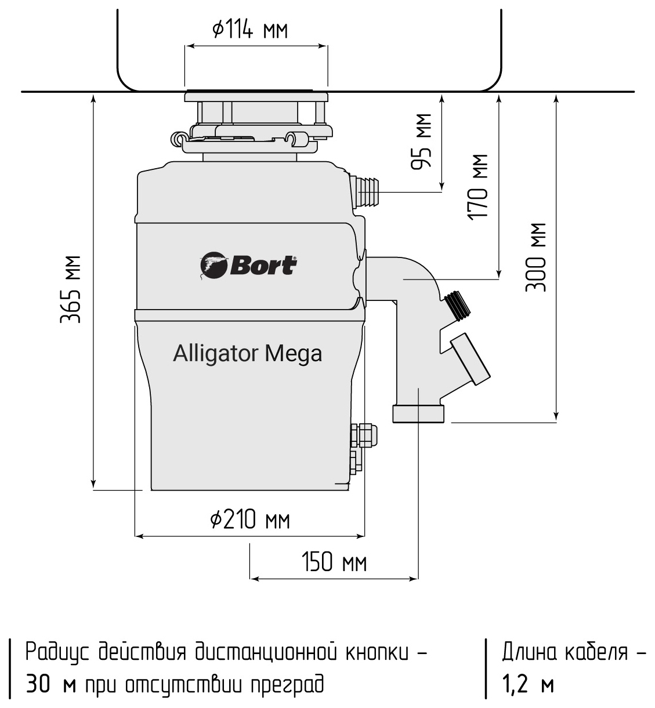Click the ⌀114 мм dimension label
coord(250,29)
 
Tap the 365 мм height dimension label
coord(71,289)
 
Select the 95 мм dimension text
coord(423,141)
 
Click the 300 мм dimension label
coord(536,257)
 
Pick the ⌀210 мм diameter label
coord(250,520)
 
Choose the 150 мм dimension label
coord(334,562)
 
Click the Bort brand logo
coord(249,266)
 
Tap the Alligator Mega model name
coord(247,353)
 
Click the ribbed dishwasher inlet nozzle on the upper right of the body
coord(367,190)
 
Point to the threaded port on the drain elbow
coord(459,305)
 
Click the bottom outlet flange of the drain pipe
coord(419,414)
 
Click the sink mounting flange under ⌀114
coord(256,96)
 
